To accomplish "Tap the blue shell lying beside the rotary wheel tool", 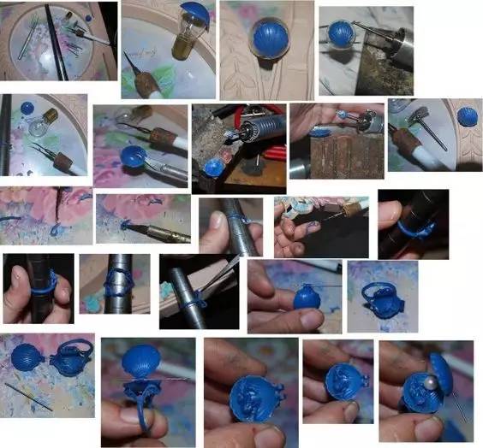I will coord(467,115).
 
